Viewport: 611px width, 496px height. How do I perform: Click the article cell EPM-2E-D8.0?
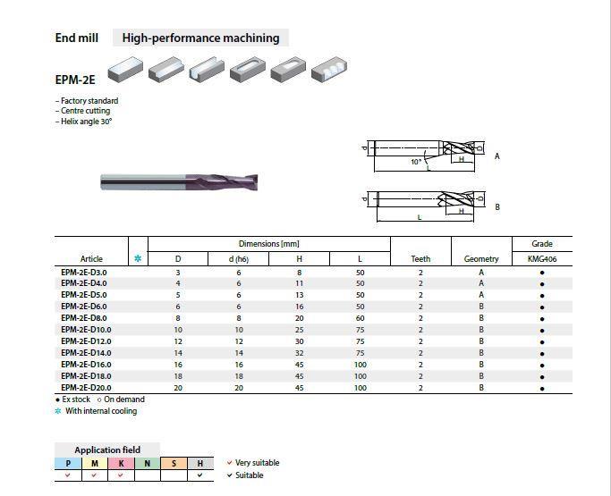coord(84,318)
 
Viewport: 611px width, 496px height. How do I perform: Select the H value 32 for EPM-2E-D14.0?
coord(300,353)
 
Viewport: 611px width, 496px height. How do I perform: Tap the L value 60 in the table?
coord(360,318)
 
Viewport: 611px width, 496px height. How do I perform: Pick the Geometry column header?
coord(481,259)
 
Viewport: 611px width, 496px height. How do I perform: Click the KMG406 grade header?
coord(542,259)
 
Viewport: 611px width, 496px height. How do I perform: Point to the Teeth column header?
coord(420,259)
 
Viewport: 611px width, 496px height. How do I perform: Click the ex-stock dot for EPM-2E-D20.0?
coord(542,389)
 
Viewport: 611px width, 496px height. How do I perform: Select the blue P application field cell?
coord(68,463)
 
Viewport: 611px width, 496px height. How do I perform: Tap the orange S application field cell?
coord(174,463)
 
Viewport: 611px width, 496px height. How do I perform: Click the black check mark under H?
coord(199,475)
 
